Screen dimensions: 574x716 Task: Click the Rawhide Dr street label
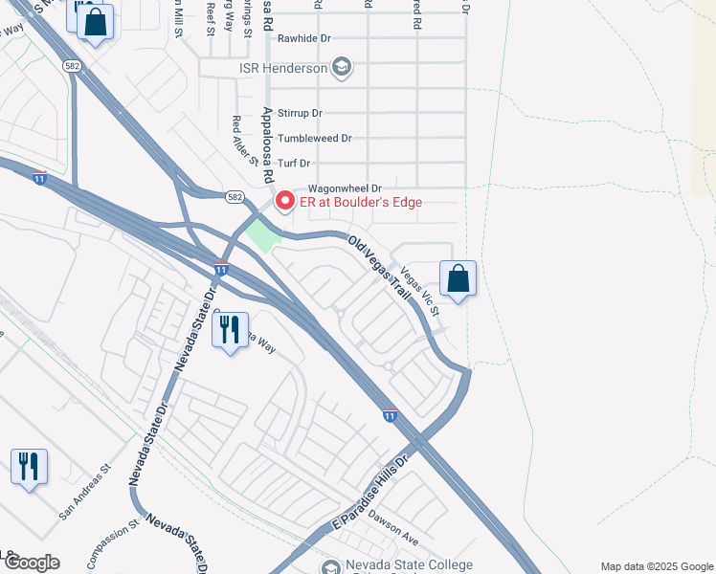tap(303, 39)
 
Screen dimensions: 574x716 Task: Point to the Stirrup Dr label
tap(300, 113)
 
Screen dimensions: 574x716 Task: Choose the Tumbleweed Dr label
tap(314, 138)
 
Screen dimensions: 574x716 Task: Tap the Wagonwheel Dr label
tap(344, 188)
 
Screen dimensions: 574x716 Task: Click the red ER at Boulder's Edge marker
tap(284, 201)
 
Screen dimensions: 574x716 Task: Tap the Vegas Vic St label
tap(421, 291)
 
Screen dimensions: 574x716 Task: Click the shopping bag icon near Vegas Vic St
tap(459, 278)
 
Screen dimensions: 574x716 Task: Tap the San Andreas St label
tap(85, 494)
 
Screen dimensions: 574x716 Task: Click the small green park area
tap(259, 233)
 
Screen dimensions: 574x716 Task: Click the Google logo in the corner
tap(31, 563)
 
